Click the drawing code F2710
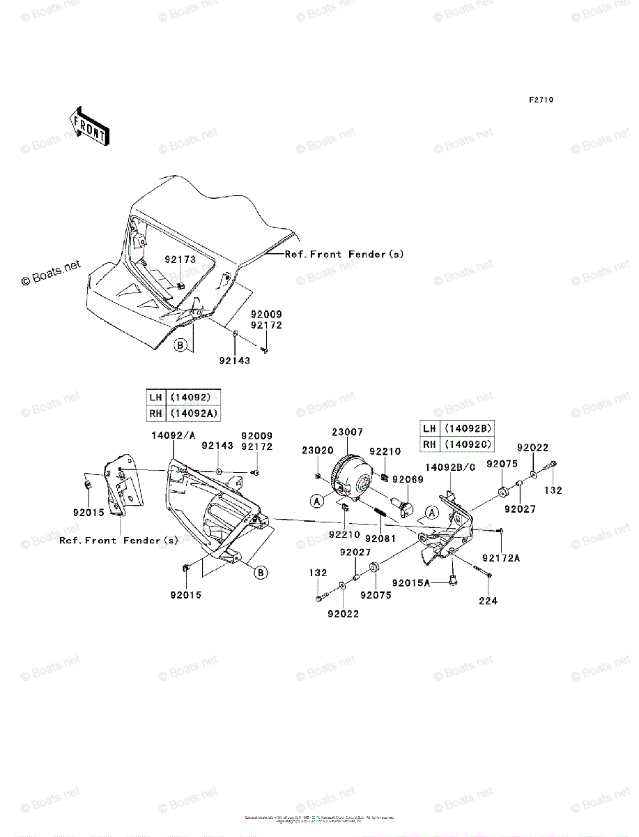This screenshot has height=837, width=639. click(540, 100)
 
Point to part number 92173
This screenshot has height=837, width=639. click(180, 259)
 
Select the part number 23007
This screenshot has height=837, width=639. click(347, 432)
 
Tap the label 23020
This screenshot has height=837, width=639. click(318, 451)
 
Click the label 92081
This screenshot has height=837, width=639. click(379, 538)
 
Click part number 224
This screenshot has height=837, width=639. click(488, 601)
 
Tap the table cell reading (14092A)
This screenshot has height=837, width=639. click(196, 413)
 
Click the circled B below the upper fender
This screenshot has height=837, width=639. click(180, 345)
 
